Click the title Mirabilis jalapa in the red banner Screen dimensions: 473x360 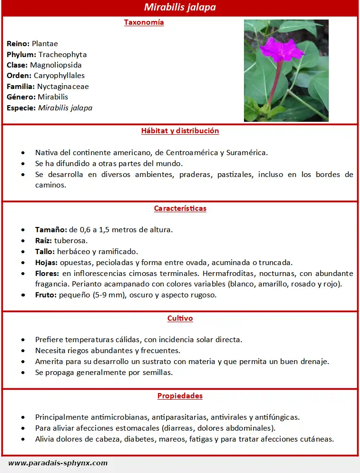[x=180, y=8]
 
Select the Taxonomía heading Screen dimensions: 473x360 [x=144, y=22]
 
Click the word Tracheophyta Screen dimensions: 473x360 [x=62, y=54]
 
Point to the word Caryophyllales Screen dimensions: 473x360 [x=59, y=76]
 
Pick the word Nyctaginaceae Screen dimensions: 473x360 [x=63, y=87]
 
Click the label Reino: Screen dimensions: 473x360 [x=18, y=44]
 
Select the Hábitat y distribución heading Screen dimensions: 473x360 [x=180, y=131]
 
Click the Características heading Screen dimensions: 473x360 [x=180, y=208]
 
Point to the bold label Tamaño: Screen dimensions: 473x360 [x=51, y=230]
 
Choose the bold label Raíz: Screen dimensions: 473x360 [x=43, y=241]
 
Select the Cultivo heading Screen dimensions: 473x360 [x=180, y=318]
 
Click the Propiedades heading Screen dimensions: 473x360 [x=180, y=396]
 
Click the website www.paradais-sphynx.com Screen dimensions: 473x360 [x=58, y=463]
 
